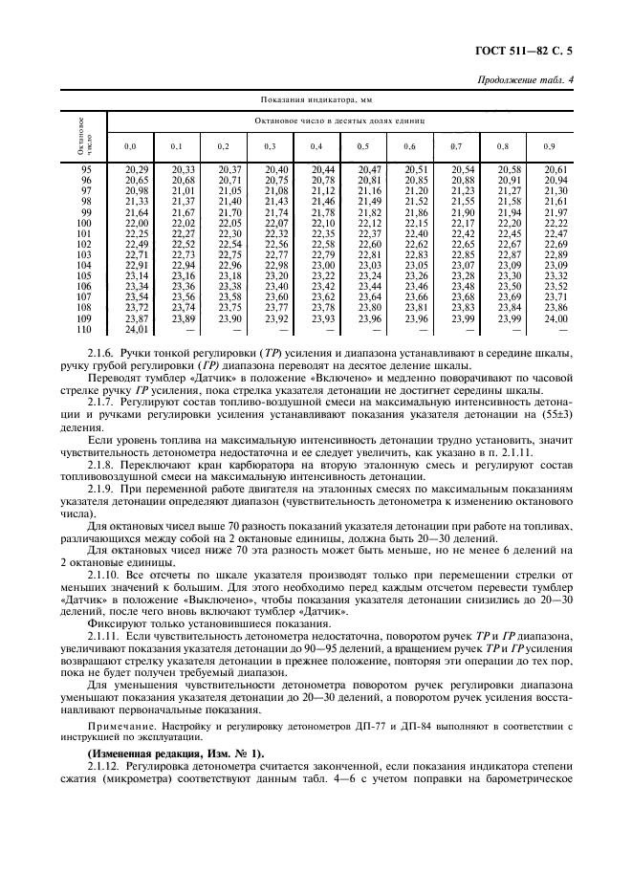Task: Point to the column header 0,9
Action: coord(548,146)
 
